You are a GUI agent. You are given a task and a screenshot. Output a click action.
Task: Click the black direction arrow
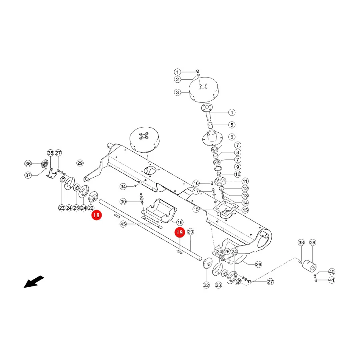pyautogui.click(x=34, y=282)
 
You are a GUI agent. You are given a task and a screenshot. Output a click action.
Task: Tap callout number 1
pyautogui.click(x=177, y=72)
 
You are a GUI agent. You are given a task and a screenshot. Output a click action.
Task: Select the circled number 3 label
pyautogui.click(x=177, y=92)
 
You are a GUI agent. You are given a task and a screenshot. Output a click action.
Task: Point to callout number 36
pyautogui.click(x=28, y=164)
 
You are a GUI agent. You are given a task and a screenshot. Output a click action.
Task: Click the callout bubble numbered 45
pyautogui.click(x=123, y=224)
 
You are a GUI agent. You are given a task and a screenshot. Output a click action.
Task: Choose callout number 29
pyautogui.click(x=80, y=163)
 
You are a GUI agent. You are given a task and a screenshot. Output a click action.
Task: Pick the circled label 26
pyautogui.click(x=258, y=264)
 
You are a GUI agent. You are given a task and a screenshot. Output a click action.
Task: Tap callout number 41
pyautogui.click(x=332, y=280)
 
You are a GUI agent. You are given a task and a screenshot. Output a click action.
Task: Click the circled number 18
pyautogui.click(x=180, y=222)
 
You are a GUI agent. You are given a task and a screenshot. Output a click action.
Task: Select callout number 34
pyautogui.click(x=123, y=186)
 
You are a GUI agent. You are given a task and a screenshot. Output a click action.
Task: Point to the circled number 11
pyautogui.click(x=245, y=181)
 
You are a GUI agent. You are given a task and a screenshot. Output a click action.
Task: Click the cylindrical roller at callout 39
pyautogui.click(x=310, y=266)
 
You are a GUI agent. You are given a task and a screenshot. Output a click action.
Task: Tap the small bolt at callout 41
pyautogui.click(x=316, y=280)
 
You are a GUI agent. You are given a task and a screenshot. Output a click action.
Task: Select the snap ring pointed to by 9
pyautogui.click(x=218, y=169)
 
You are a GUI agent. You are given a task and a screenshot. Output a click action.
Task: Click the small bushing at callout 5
pyautogui.click(x=210, y=125)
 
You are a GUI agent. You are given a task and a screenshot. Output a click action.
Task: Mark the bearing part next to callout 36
pyautogui.click(x=45, y=164)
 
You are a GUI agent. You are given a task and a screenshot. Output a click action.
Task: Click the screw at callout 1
pyautogui.click(x=198, y=71)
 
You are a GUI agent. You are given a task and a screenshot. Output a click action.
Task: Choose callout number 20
pyautogui.click(x=190, y=232)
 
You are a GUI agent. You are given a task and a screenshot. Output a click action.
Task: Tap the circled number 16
pyautogui.click(x=196, y=183)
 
